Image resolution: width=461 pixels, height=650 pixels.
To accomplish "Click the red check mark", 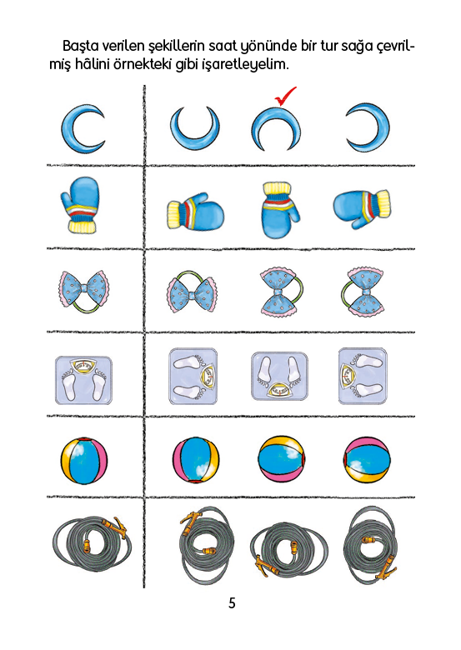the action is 285,96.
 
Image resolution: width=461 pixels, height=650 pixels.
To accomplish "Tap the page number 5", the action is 232,602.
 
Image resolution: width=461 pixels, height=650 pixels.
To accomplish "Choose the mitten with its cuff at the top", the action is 280,209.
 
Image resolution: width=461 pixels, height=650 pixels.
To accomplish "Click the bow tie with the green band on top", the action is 192,292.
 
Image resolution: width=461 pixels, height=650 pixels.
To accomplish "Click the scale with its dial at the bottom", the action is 279,377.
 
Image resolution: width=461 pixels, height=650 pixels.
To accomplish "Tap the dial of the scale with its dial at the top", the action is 83,365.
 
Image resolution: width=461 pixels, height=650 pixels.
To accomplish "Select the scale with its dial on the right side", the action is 193,377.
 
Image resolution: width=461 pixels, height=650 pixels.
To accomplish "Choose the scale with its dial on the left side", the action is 363,376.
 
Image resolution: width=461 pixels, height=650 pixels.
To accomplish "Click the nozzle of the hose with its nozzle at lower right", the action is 384,568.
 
